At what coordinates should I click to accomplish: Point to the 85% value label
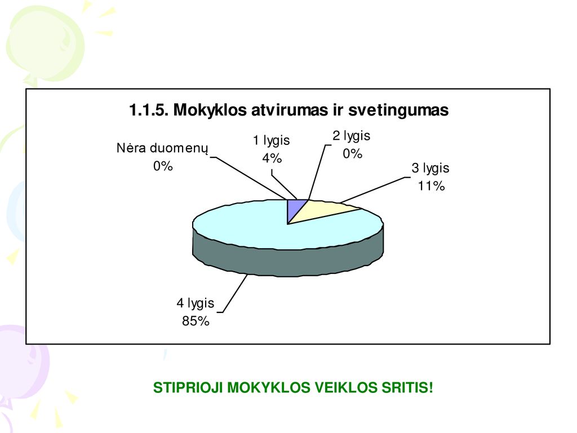[x=196, y=321]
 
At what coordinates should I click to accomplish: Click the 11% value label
[x=431, y=186]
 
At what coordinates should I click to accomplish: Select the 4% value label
[x=272, y=158]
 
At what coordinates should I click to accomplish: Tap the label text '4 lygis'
[x=196, y=303]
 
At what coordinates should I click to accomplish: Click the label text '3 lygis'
[x=430, y=168]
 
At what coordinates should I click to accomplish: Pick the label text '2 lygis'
[x=352, y=136]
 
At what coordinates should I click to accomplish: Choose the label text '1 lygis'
[x=271, y=140]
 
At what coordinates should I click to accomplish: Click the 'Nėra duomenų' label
[x=162, y=148]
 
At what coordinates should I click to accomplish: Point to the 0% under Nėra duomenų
[x=163, y=166]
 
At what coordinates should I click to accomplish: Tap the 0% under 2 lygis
[x=353, y=153]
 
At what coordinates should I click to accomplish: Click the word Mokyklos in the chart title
[x=210, y=110]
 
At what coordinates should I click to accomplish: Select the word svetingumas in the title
[x=398, y=110]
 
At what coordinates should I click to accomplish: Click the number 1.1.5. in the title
[x=149, y=110]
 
